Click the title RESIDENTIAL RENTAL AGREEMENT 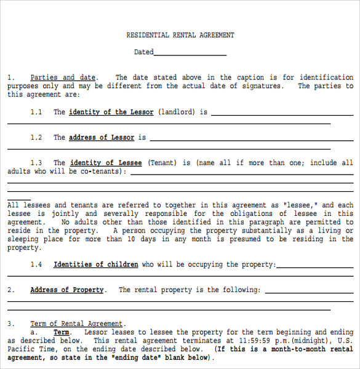pyautogui.click(x=180, y=36)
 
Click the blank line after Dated pyautogui.click(x=190, y=53)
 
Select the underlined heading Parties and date pyautogui.click(x=63, y=77)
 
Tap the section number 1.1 pyautogui.click(x=36, y=113)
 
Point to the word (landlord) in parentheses pyautogui.click(x=176, y=113)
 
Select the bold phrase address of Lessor pyautogui.click(x=102, y=138)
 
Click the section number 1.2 pyautogui.click(x=36, y=138)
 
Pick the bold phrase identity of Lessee pyautogui.click(x=105, y=163)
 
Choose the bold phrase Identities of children pyautogui.click(x=96, y=264)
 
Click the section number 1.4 pyautogui.click(x=36, y=264)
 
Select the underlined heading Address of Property pyautogui.click(x=67, y=290)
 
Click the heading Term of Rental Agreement pyautogui.click(x=77, y=323)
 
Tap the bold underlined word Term pyautogui.click(x=62, y=332)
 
